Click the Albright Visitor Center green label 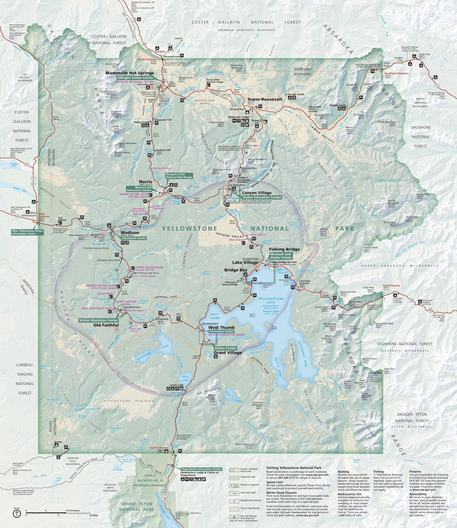[x=135, y=78]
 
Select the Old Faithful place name [x=106, y=325]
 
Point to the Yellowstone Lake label [x=271, y=300]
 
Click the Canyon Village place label [x=257, y=193]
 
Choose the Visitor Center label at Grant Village [x=225, y=348]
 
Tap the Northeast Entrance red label [x=397, y=73]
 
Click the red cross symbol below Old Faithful [x=117, y=329]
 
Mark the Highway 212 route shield [x=437, y=85]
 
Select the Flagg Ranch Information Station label [x=201, y=469]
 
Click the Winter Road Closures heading [x=281, y=493]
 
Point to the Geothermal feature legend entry [x=250, y=500]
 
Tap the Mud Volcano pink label [x=237, y=240]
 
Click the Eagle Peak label [x=376, y=373]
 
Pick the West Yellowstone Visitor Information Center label [x=27, y=232]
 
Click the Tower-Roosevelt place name [x=265, y=99]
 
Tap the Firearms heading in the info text [x=415, y=472]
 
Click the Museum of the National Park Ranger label [x=179, y=176]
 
